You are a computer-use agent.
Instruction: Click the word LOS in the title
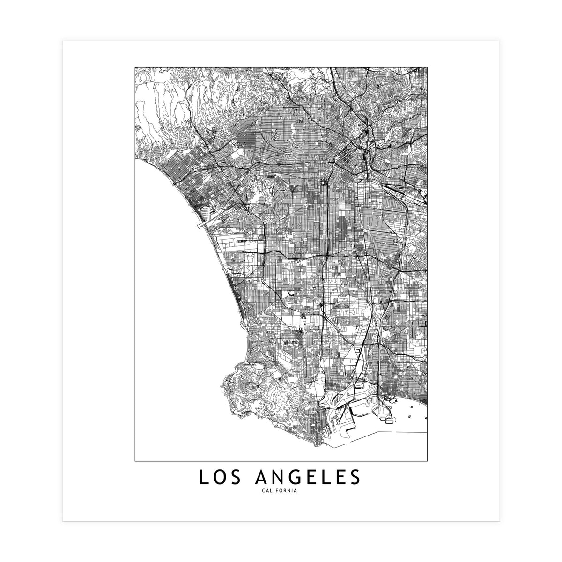click(x=217, y=478)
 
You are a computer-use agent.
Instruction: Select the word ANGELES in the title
click(x=308, y=478)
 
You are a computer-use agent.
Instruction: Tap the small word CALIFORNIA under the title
click(x=281, y=491)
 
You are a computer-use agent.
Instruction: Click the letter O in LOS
click(x=217, y=478)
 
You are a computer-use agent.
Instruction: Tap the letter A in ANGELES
click(x=261, y=478)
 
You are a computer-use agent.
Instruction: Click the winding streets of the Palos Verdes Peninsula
click(x=262, y=389)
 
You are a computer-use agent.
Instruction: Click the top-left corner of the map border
click(x=135, y=67)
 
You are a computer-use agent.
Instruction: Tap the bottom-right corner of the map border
click(x=428, y=461)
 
